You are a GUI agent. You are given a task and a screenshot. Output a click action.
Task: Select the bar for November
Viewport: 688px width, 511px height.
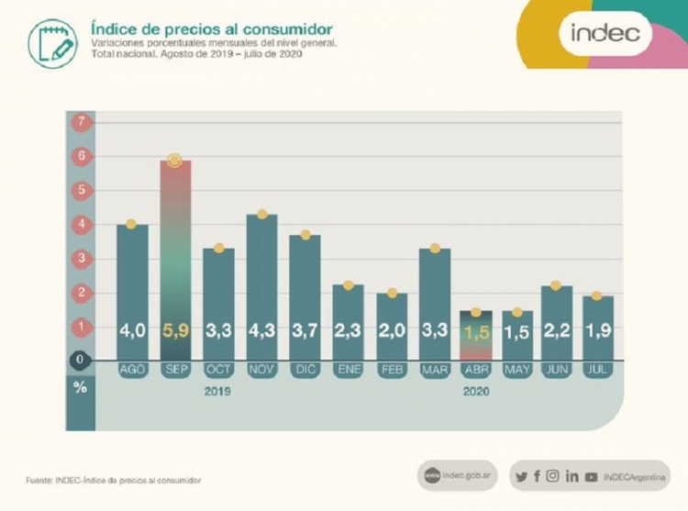[x=261, y=284]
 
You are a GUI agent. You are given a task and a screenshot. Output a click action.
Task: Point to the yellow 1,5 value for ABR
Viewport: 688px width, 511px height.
[x=476, y=332]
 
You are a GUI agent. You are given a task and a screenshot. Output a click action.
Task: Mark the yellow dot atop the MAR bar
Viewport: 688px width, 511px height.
[x=435, y=249]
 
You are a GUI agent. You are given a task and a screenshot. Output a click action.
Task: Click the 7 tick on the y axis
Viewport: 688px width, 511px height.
[x=81, y=122]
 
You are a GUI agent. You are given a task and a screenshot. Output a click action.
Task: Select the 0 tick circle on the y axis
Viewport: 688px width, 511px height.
[x=81, y=360]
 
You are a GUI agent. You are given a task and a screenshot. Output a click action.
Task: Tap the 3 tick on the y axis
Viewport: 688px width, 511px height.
[x=81, y=259]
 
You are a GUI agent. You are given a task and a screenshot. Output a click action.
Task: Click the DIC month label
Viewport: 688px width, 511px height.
[x=305, y=370]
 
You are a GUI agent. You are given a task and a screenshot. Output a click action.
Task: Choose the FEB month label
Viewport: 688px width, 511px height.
[x=392, y=370]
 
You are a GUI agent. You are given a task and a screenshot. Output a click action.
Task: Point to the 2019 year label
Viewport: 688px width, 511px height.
[x=217, y=391]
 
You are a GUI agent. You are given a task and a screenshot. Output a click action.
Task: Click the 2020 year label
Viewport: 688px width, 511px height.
[x=476, y=391]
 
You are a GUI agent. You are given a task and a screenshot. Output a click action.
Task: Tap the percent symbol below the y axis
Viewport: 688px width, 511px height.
[x=81, y=387]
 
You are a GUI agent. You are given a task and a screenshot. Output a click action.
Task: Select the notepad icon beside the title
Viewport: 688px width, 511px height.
[x=52, y=43]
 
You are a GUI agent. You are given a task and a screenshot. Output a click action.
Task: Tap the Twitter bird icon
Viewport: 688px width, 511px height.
[x=522, y=476]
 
